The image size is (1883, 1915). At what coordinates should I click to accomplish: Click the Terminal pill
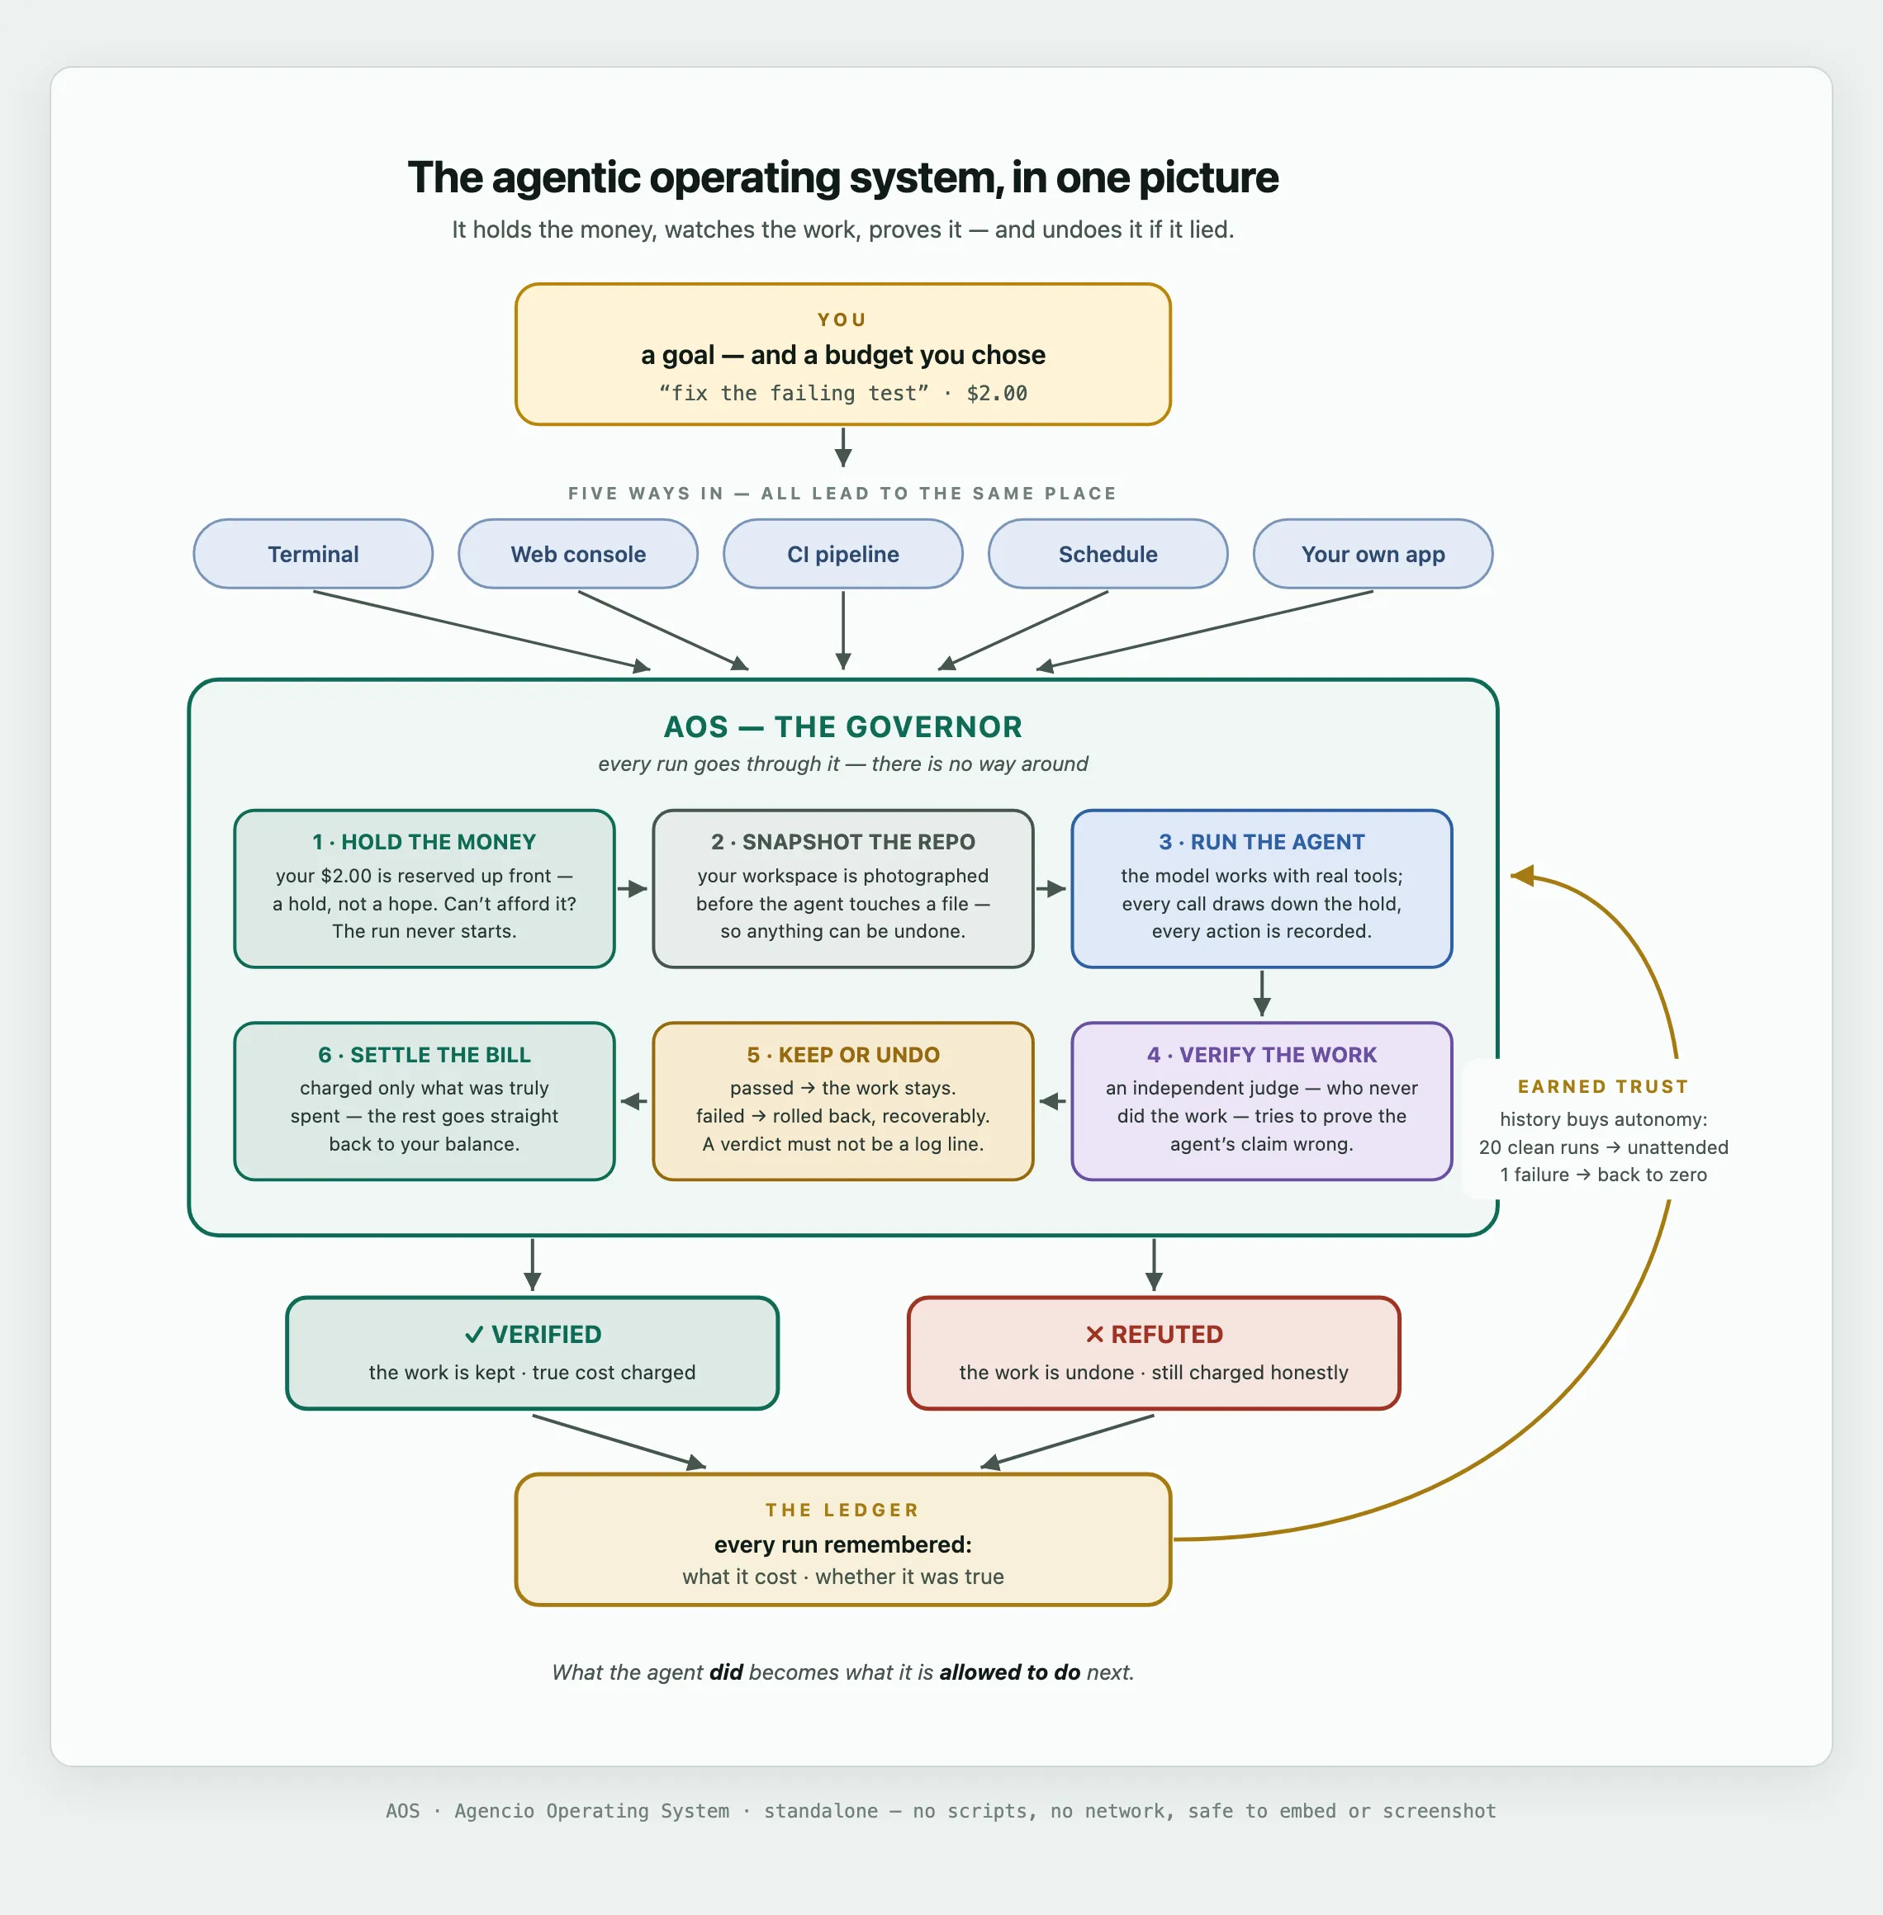312,554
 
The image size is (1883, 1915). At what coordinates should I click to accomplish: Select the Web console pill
577,554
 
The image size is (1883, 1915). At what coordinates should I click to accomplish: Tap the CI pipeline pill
842,554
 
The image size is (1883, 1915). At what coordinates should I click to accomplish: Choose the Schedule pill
1108,554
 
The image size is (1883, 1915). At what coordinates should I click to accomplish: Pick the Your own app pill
1373,554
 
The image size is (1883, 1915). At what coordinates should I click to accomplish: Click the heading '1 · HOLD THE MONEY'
425,841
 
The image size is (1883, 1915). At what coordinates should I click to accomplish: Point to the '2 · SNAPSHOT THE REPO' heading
842,841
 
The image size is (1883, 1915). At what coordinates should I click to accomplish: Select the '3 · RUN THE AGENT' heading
1262,841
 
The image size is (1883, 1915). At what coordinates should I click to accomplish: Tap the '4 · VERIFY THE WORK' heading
1262,1055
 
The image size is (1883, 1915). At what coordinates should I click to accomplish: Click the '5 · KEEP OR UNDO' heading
842,1055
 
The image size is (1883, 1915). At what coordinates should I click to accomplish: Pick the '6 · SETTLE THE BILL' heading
425,1055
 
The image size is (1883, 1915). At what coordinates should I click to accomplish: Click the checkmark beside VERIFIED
475,1335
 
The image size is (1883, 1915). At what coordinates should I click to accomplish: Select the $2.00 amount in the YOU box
997,394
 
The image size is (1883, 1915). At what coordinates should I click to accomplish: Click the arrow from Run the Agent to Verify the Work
1262,994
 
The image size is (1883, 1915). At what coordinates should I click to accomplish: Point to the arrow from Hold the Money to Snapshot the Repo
633,889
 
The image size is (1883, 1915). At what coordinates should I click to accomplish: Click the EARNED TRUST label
1603,1086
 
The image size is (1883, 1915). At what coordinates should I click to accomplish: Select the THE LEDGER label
842,1510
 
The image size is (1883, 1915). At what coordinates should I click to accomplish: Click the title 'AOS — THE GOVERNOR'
842,726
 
